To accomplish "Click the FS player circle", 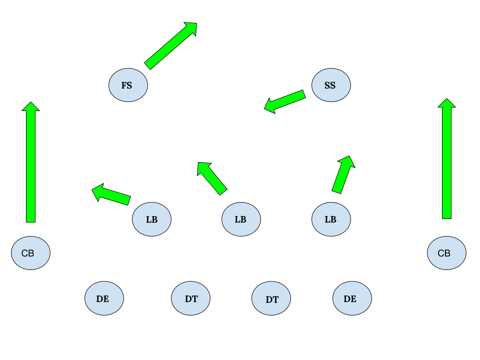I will coord(128,85).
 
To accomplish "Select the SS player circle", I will coord(331,85).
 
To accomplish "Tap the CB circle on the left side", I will coord(30,253).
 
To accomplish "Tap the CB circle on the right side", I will coord(446,253).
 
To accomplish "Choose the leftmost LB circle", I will coord(151,219).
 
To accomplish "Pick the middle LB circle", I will coord(241,219).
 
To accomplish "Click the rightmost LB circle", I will coord(331,219).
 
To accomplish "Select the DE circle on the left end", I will coord(104,298).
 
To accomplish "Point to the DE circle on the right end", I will coord(352,298).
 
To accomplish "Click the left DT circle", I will coord(190,298).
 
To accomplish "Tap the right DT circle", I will coord(271,298).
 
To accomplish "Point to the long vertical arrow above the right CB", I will coord(446,160).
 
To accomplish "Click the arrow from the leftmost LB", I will coord(112,194).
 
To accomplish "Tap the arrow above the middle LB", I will coord(212,178).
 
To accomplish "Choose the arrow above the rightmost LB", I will coord(343,175).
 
